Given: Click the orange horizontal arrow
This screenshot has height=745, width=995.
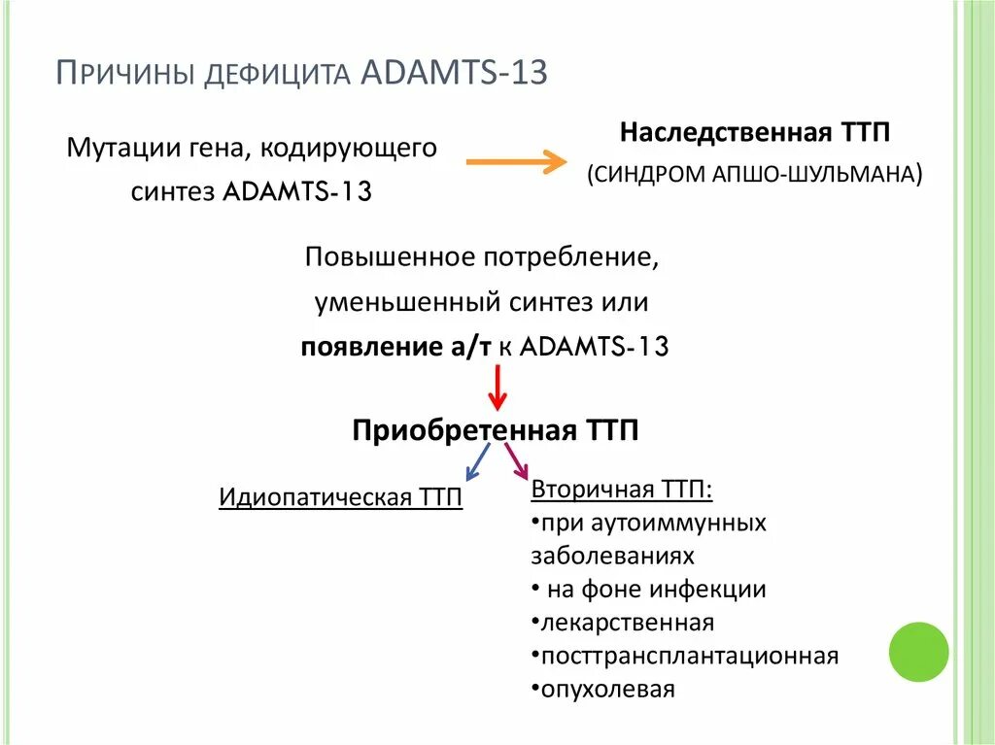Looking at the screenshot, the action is (x=516, y=162).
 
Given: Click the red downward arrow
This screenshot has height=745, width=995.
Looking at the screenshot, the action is (x=497, y=388).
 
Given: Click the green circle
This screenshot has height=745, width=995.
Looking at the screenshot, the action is (x=919, y=652).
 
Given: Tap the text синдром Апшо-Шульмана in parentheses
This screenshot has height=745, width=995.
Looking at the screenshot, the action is (x=753, y=175).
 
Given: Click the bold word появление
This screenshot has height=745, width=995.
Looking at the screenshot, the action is (x=364, y=347).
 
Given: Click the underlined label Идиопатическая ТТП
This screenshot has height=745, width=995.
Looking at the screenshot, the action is (x=340, y=497).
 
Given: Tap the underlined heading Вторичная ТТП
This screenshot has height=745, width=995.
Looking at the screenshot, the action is (x=621, y=488).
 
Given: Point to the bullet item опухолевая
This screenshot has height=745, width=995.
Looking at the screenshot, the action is (x=608, y=690).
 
